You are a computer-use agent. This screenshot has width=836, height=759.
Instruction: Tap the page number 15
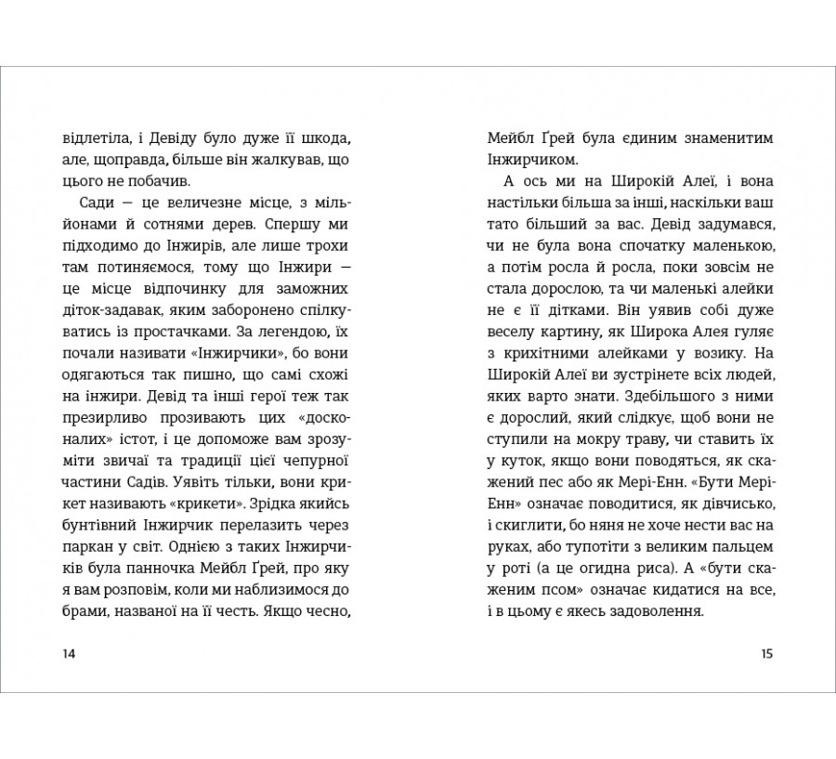[x=766, y=653]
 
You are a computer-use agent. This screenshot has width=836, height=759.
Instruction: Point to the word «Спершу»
[x=292, y=225]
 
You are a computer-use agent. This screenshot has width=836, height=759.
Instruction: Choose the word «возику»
[x=703, y=353]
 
